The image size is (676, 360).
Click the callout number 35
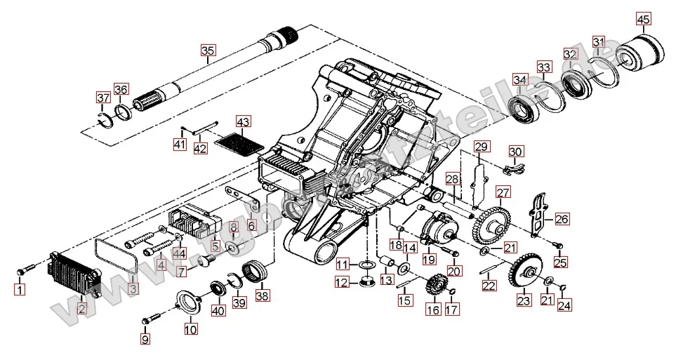(208, 51)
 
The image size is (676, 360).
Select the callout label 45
(644, 18)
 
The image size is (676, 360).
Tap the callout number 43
(242, 121)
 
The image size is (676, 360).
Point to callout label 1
(20, 288)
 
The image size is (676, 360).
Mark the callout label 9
(145, 340)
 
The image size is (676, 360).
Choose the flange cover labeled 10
(190, 303)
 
